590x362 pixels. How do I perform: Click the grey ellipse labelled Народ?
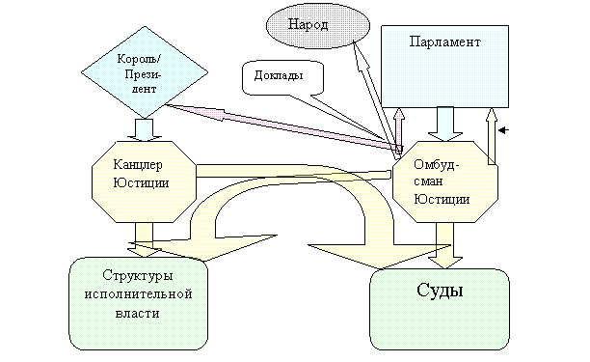(x=318, y=26)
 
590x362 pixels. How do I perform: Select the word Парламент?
(x=444, y=42)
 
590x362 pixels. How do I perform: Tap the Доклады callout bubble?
(x=283, y=77)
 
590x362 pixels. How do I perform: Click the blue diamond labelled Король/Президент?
(x=145, y=72)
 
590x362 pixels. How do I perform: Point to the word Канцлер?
(x=138, y=165)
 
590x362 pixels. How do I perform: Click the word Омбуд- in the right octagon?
(x=436, y=165)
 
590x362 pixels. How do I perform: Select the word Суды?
(x=440, y=291)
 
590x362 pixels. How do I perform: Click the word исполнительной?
(x=139, y=293)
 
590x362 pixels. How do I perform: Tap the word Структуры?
(x=138, y=276)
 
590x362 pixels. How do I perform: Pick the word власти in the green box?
(x=137, y=313)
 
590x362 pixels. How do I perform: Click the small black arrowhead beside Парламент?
(x=503, y=130)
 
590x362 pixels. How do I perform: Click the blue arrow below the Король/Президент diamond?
(x=144, y=130)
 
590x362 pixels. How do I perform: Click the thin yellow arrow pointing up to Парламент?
(x=492, y=136)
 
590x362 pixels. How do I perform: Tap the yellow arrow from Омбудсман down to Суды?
(x=444, y=245)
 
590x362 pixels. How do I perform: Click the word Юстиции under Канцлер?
(x=141, y=183)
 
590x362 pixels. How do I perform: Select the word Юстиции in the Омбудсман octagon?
(x=442, y=199)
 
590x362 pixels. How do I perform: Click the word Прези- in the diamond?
(x=143, y=74)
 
